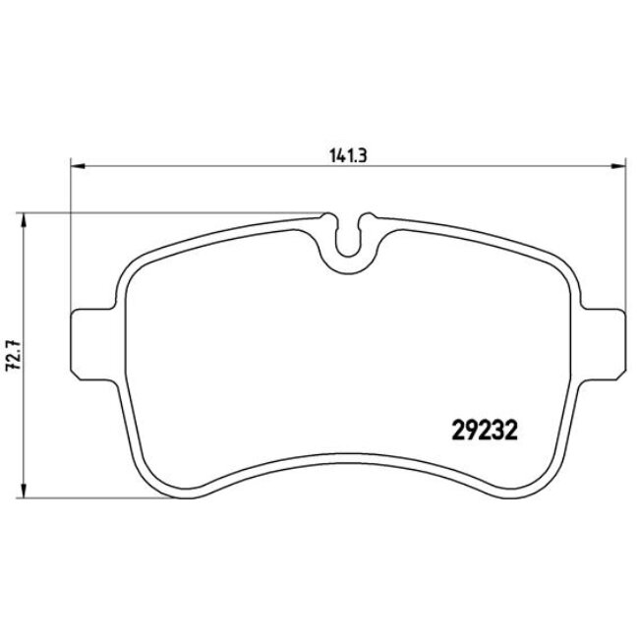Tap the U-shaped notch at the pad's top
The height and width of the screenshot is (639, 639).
(x=348, y=241)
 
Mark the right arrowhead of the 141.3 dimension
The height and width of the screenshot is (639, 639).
(x=616, y=165)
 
